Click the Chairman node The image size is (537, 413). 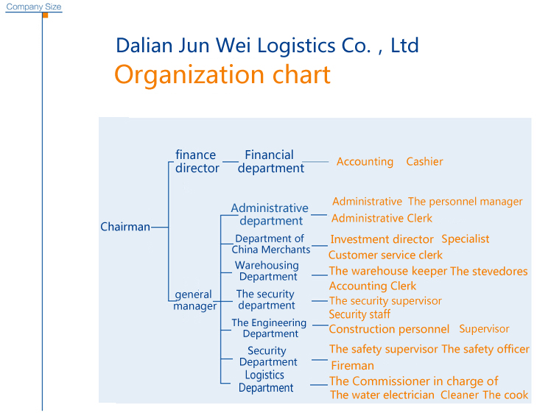[125, 227]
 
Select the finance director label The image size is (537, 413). [197, 161]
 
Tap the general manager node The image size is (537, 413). [195, 300]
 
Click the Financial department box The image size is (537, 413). [271, 161]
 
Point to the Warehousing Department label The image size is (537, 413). [267, 271]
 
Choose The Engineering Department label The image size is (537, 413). [269, 328]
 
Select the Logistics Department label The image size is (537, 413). [266, 381]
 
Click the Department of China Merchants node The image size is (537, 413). [271, 244]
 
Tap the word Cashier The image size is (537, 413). [424, 161]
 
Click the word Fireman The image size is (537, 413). [352, 365]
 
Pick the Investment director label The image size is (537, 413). [382, 239]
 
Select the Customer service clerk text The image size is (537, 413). [385, 255]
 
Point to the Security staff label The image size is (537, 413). [359, 314]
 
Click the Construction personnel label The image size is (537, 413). [389, 329]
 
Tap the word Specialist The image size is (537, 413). [466, 239]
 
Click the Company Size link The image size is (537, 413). [34, 7]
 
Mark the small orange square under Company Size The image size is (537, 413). [45, 15]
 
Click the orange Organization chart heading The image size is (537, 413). [222, 75]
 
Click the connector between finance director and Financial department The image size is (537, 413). [230, 161]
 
